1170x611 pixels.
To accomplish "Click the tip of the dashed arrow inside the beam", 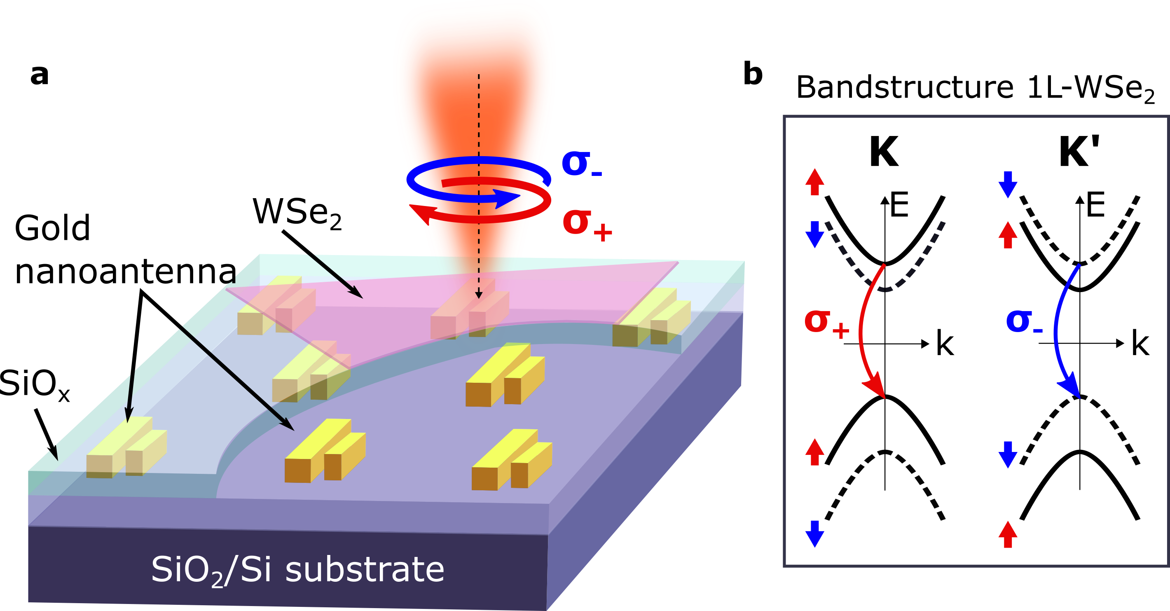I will (x=478, y=295).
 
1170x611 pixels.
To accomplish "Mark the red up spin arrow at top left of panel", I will (x=814, y=182).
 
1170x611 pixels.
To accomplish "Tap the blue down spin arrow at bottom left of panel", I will (x=814, y=534).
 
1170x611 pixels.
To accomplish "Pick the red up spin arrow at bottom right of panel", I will (x=1007, y=534).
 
